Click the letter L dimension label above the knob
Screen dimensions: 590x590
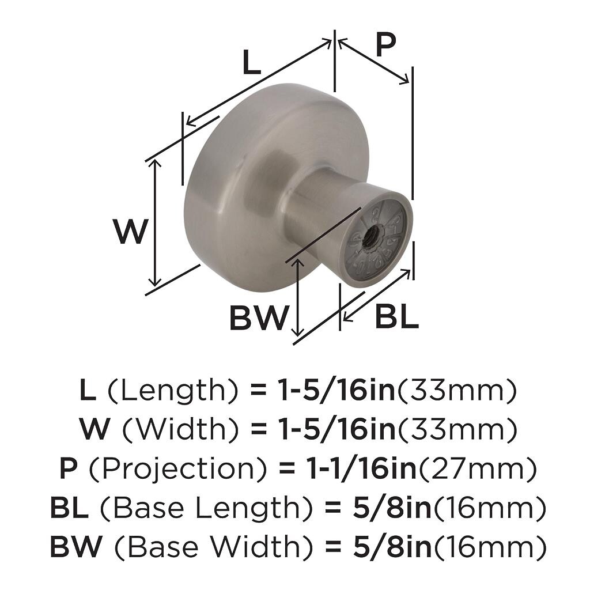tap(251, 62)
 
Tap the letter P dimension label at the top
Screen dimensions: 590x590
tap(385, 44)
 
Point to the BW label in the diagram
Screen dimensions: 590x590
tap(259, 317)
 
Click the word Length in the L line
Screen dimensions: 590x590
tap(173, 391)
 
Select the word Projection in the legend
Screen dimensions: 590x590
tap(178, 468)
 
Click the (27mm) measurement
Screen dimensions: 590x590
tap(476, 469)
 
